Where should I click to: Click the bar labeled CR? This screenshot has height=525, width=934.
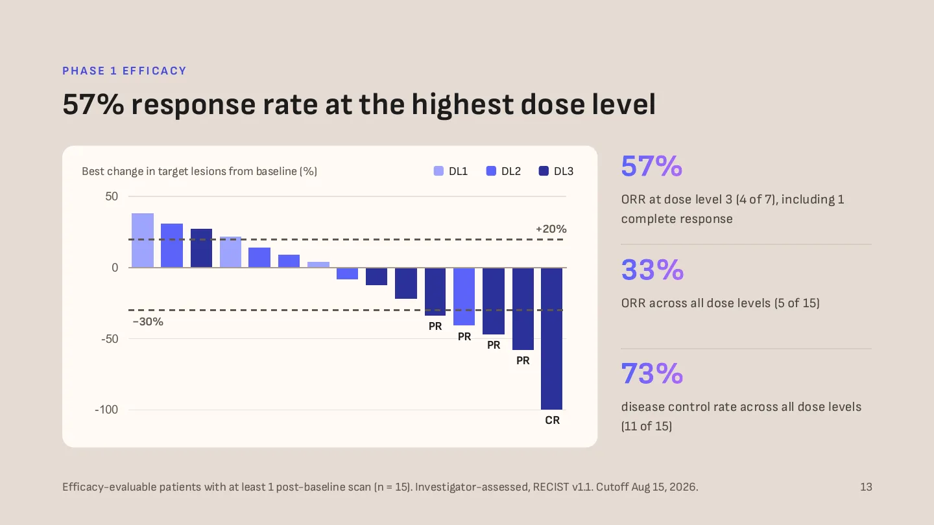(x=551, y=338)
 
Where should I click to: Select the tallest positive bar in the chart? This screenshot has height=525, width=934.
(x=143, y=240)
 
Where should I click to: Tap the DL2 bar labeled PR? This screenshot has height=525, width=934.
(x=464, y=296)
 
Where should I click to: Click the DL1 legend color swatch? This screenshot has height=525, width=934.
(x=438, y=171)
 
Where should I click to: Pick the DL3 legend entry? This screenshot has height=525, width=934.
(x=557, y=171)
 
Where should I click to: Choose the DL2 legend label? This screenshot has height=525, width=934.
(x=511, y=171)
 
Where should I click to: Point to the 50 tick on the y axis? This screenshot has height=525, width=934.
(x=112, y=196)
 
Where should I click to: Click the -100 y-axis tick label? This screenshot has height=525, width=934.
(x=106, y=410)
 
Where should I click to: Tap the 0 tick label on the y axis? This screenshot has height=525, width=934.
(x=115, y=268)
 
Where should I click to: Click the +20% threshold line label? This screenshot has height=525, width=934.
(x=551, y=229)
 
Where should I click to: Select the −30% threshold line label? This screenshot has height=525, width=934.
(x=148, y=321)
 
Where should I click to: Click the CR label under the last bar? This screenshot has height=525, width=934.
(x=553, y=420)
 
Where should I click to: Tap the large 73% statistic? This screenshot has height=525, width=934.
(x=652, y=373)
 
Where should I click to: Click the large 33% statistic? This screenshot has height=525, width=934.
(x=653, y=270)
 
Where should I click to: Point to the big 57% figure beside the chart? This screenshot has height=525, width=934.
(x=652, y=166)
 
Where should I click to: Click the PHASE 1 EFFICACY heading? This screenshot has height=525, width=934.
(x=125, y=71)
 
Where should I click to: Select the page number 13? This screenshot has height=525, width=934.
(x=866, y=487)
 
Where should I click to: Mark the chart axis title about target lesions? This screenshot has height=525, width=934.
(x=199, y=171)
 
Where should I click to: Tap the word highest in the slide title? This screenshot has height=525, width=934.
(x=462, y=104)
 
